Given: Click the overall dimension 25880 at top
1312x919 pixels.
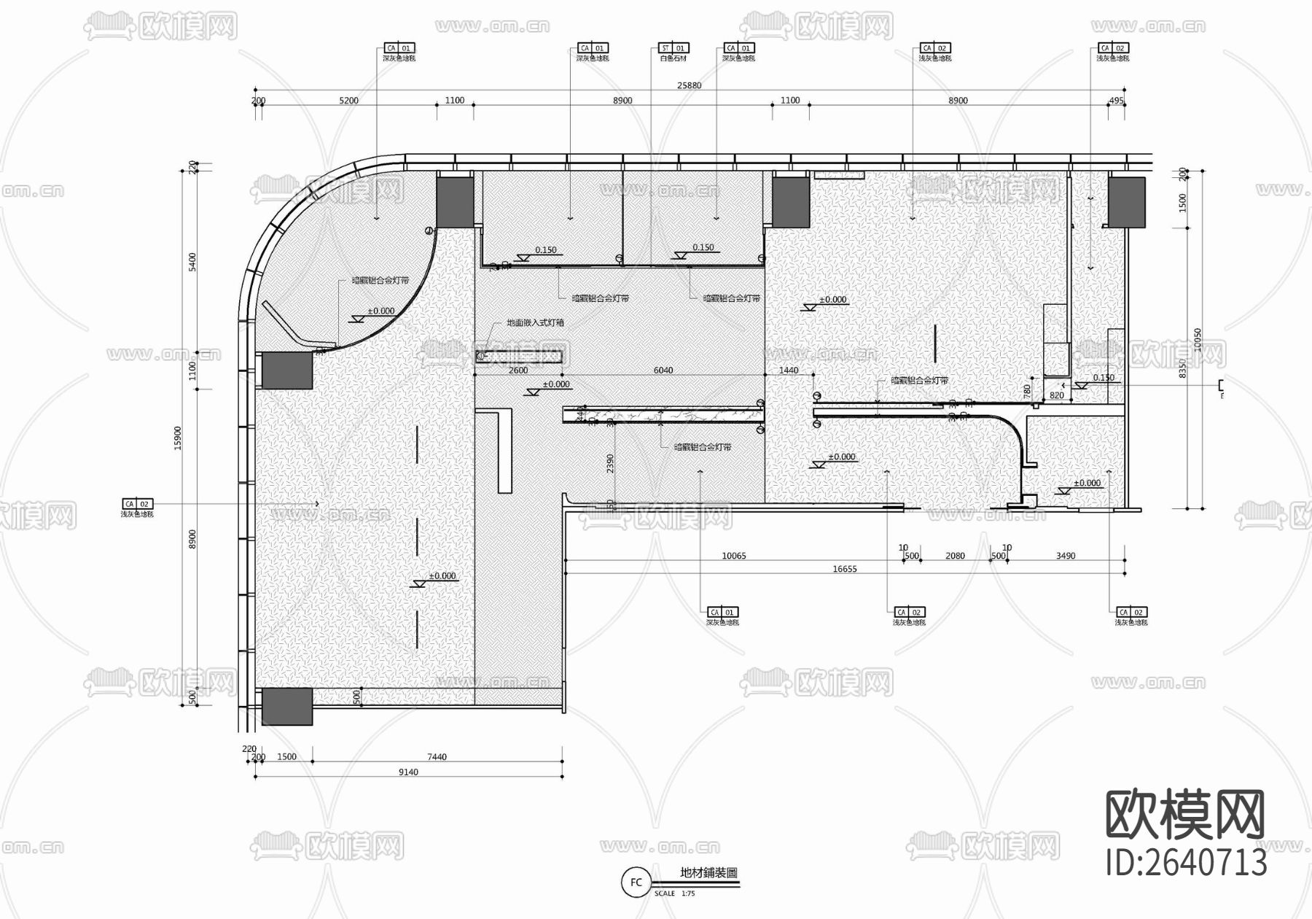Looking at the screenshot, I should tap(689, 85).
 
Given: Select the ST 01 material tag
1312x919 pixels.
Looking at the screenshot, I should tap(673, 48).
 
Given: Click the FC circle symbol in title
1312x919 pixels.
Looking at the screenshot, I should tap(636, 883).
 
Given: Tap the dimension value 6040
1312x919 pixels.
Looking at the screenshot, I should tap(663, 371).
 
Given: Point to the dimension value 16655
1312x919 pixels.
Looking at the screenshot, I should tap(845, 569).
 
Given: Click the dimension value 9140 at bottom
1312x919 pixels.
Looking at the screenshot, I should tap(408, 772).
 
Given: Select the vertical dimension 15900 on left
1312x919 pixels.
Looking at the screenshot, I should tap(178, 438).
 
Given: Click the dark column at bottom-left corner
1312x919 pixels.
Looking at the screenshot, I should tap(287, 706).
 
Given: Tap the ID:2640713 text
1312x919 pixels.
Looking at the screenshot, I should tap(1187, 863).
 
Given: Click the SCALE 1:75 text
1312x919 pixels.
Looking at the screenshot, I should tap(674, 893).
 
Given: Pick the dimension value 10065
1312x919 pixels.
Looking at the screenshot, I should tap(733, 556).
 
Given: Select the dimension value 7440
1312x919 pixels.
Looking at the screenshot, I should tap(437, 757).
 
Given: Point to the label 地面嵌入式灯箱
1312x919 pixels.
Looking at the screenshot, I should tap(535, 322).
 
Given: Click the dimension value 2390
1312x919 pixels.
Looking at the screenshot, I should tap(611, 463).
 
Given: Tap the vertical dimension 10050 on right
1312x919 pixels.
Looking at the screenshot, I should tap(1197, 339).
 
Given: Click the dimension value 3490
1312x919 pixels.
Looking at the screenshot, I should tap(1066, 556).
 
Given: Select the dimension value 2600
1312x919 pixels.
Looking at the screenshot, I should tap(518, 371).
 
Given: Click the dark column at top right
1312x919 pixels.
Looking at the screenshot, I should tap(1126, 202).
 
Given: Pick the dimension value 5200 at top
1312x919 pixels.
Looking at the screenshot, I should tap(349, 101).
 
